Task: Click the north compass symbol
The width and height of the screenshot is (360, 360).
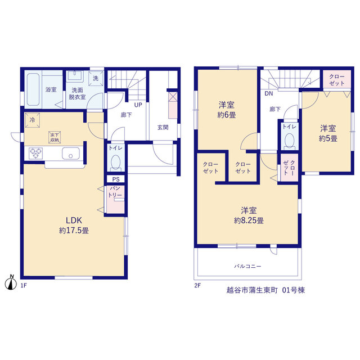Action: [x=11, y=282]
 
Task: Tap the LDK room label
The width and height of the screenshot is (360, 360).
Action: [x=74, y=220]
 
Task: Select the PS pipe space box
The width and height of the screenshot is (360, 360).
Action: [x=116, y=179]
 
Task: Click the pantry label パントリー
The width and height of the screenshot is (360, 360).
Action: [x=115, y=192]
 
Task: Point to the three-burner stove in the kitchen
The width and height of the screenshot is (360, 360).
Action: [x=35, y=154]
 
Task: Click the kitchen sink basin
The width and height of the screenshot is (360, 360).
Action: [x=71, y=154]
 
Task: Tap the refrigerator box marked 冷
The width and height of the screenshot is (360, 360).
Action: [x=33, y=120]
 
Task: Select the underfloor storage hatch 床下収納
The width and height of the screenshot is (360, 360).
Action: [x=55, y=137]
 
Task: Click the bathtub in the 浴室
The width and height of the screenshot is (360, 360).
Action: [x=33, y=89]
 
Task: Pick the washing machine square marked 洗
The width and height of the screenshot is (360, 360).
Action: [x=96, y=78]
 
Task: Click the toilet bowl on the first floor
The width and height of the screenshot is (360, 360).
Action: [x=115, y=163]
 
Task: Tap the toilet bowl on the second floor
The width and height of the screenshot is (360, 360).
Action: [x=289, y=141]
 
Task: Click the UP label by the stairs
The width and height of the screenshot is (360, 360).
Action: [x=138, y=105]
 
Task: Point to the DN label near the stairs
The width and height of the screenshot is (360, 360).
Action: [x=269, y=93]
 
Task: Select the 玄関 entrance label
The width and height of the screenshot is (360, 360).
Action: [x=163, y=127]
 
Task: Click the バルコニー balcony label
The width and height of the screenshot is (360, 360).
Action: [x=247, y=266]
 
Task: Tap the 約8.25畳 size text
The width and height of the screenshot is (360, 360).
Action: [x=249, y=220]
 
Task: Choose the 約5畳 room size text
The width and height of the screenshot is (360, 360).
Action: [x=328, y=138]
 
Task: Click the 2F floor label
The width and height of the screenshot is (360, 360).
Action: [x=197, y=285]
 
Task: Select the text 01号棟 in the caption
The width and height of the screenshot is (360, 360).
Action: [x=294, y=290]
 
